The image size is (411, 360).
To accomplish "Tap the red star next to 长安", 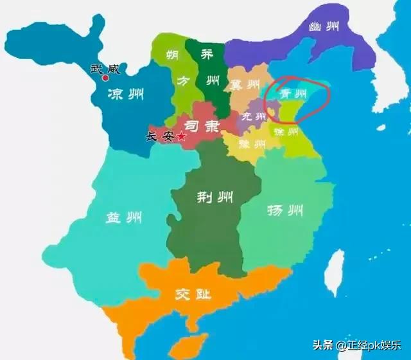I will (181, 136).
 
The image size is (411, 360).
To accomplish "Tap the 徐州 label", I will (287, 132).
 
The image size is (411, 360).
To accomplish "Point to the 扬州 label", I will (286, 210).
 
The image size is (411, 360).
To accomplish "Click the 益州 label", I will (123, 218).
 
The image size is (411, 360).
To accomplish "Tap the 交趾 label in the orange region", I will (192, 295).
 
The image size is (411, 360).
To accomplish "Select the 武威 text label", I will (105, 67).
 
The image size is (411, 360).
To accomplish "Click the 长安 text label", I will (161, 136).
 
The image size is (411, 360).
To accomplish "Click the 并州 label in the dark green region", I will (207, 69).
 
